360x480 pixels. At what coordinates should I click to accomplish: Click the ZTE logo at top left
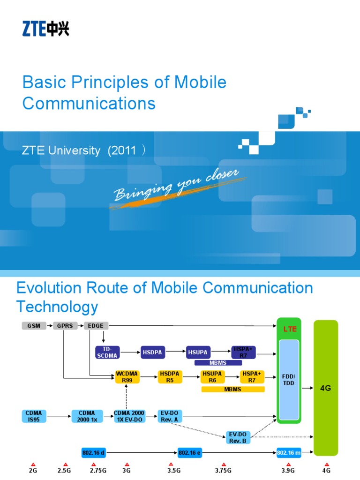point(45,29)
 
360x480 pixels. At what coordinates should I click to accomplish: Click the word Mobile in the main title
point(200,82)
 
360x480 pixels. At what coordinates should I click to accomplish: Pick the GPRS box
point(65,326)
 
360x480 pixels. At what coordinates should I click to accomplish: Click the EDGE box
point(97,326)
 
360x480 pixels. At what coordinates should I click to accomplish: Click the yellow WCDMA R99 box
point(127,377)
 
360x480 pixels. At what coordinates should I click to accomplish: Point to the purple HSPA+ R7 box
point(243,352)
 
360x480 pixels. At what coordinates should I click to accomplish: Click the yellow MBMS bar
point(233,389)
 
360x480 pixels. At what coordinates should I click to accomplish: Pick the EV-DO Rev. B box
point(238,438)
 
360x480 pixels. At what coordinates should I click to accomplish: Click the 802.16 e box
point(190,453)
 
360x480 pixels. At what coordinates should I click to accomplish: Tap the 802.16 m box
point(288,453)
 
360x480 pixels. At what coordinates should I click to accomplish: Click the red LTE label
point(290,330)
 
